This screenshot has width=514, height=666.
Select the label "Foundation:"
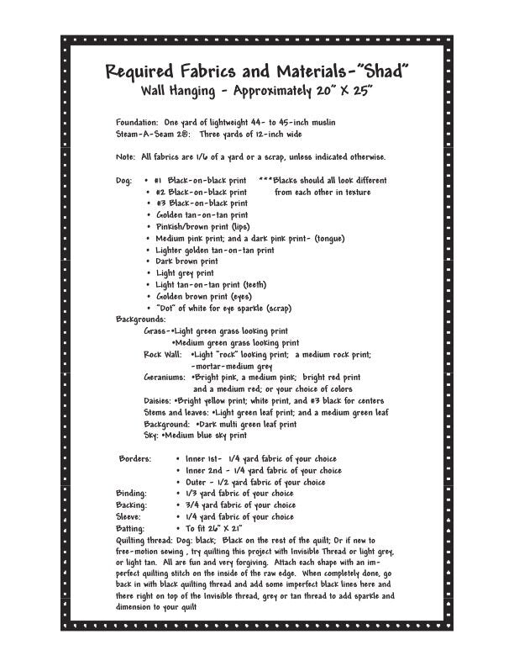click(137, 123)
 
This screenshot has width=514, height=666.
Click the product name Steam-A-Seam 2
click(151, 134)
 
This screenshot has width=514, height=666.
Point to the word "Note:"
click(127, 157)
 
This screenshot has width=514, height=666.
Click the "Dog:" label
click(124, 181)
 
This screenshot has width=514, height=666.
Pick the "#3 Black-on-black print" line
click(202, 203)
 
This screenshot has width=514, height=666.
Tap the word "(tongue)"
click(328, 238)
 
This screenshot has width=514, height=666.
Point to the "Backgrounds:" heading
click(141, 320)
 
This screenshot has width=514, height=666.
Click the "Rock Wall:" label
click(162, 355)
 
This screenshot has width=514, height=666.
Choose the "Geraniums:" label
click(165, 378)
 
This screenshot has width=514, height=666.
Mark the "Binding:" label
click(131, 494)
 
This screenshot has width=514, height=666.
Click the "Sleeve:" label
click(129, 516)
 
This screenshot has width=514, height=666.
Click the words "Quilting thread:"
click(146, 540)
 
